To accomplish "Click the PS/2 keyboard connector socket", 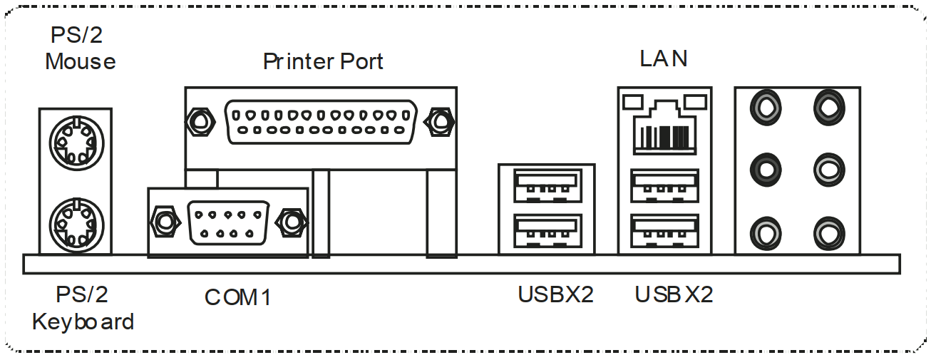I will pyautogui.click(x=74, y=223).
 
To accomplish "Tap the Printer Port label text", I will pyautogui.click(x=323, y=61).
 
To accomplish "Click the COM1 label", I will pyautogui.click(x=238, y=297).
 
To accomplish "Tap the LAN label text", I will pyautogui.click(x=664, y=58).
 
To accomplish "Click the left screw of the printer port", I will pyautogui.click(x=200, y=123).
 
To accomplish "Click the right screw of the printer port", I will pyautogui.click(x=439, y=123).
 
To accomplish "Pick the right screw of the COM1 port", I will pyautogui.click(x=291, y=222).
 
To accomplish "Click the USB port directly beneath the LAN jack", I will pyautogui.click(x=664, y=187).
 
